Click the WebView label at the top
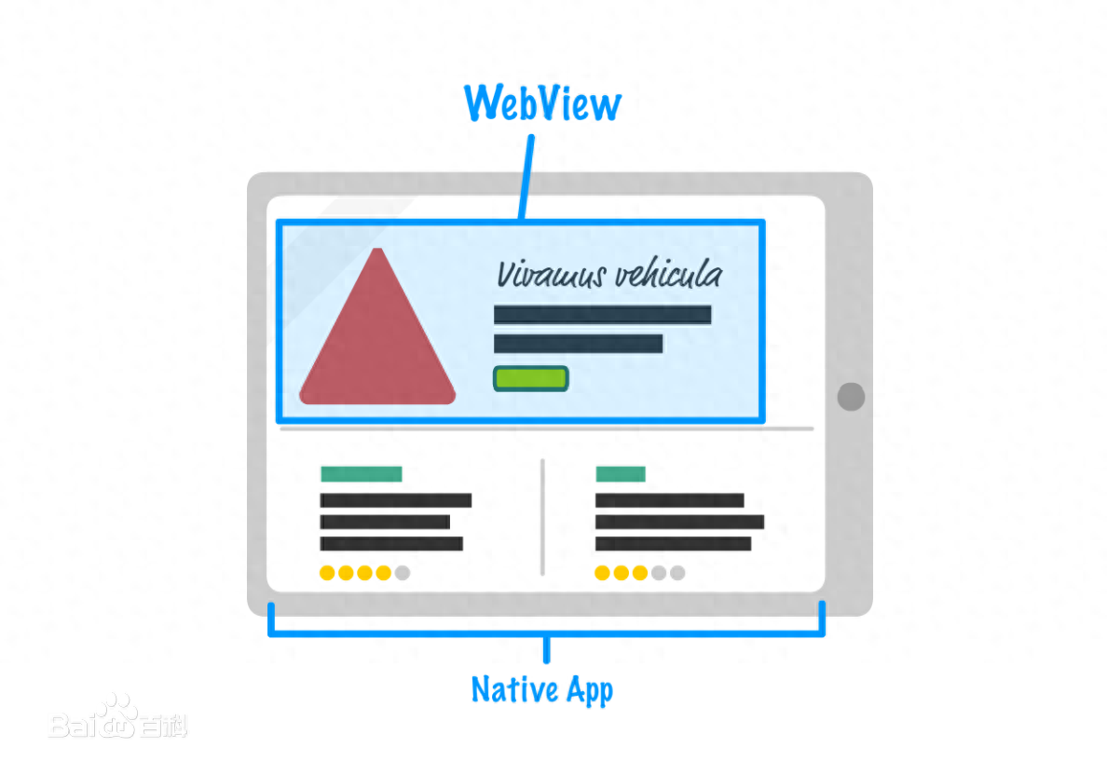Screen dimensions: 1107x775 (x=542, y=103)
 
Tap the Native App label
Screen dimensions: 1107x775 (x=542, y=689)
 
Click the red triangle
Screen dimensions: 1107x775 (x=377, y=327)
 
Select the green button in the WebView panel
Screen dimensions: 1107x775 (x=531, y=378)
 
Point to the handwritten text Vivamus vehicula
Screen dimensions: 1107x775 (x=609, y=274)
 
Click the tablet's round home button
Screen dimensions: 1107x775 (x=851, y=397)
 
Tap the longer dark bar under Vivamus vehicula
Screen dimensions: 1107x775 (x=602, y=315)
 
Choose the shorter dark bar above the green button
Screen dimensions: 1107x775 (x=579, y=344)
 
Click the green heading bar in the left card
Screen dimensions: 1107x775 (x=362, y=473)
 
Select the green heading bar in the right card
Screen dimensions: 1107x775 (x=621, y=473)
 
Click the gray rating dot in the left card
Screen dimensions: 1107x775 (x=403, y=573)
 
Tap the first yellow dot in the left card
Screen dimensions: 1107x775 (x=327, y=573)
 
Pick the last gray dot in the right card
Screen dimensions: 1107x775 (x=677, y=573)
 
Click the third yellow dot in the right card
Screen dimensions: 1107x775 (x=639, y=573)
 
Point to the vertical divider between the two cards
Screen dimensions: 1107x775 (x=542, y=517)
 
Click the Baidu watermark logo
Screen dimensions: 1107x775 (x=118, y=718)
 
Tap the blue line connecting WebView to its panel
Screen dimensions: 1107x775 (x=526, y=177)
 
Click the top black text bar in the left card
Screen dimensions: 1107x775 (x=396, y=500)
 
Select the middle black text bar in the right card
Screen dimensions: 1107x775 (x=680, y=522)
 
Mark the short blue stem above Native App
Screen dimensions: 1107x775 (x=546, y=649)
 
